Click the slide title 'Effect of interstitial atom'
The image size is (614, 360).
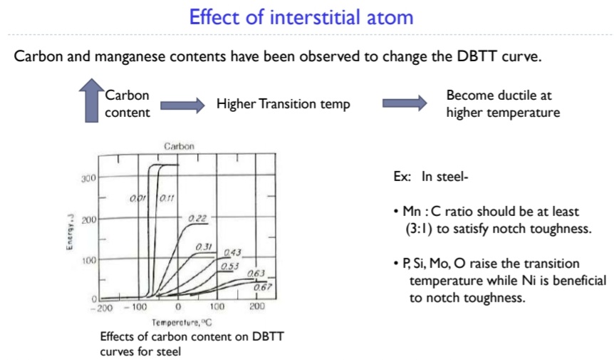pyautogui.click(x=306, y=17)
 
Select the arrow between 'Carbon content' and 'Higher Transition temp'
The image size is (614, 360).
pyautogui.click(x=182, y=105)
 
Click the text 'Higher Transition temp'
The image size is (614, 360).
pyautogui.click(x=283, y=104)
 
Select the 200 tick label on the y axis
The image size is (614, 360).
pyautogui.click(x=88, y=219)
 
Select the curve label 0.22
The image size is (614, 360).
pyautogui.click(x=197, y=218)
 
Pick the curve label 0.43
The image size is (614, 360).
pyautogui.click(x=231, y=253)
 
